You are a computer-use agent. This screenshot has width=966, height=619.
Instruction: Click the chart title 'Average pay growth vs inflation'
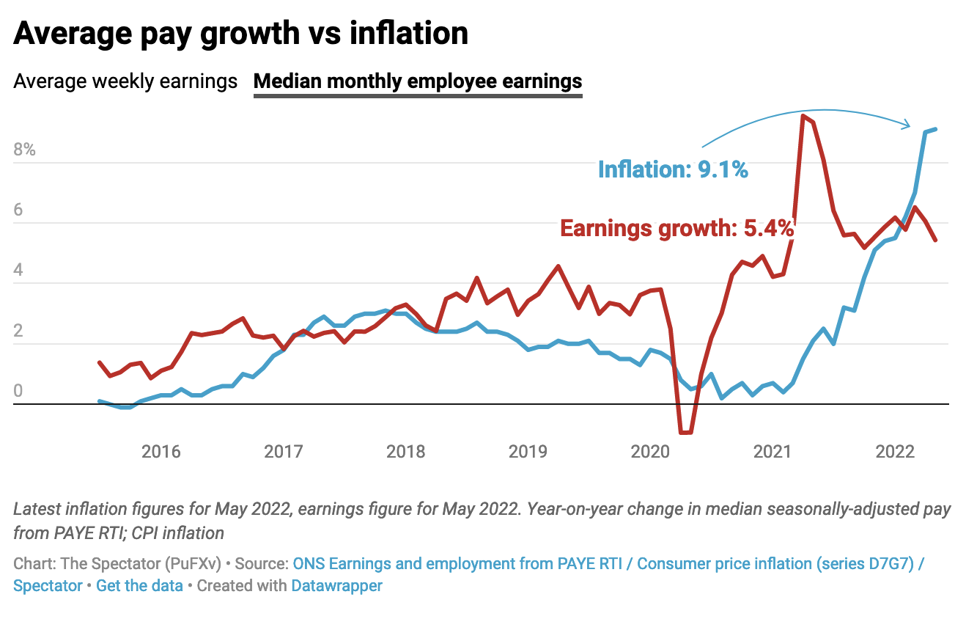[x=240, y=33]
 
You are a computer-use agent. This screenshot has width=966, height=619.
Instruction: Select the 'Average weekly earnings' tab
[x=125, y=81]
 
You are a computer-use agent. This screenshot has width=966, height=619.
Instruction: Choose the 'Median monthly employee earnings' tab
[x=418, y=81]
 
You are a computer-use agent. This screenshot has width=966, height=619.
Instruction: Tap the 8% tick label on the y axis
[x=24, y=150]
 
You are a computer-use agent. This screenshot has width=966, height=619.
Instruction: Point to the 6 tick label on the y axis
[x=19, y=210]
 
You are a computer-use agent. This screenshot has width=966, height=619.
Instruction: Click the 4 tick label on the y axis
[x=19, y=271]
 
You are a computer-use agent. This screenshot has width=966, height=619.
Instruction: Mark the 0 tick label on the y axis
[x=19, y=391]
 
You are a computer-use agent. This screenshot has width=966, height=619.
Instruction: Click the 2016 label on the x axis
[x=161, y=451]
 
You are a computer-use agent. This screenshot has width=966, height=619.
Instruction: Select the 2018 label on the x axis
[x=405, y=451]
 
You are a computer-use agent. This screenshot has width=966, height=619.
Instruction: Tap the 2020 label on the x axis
[x=649, y=451]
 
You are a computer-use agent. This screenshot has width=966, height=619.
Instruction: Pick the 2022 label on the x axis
[x=895, y=451]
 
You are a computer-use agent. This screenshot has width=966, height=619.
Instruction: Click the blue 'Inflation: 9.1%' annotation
[x=673, y=170]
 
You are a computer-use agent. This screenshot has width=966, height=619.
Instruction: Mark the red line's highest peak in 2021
[x=803, y=116]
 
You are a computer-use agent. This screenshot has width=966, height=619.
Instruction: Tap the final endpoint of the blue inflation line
[x=935, y=130]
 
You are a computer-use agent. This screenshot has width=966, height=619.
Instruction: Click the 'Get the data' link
[x=139, y=586]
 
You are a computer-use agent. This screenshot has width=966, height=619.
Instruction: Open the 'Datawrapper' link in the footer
[x=336, y=586]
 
